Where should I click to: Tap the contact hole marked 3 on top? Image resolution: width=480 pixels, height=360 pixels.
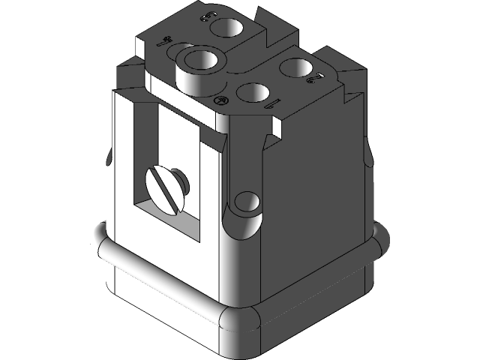click(226, 28)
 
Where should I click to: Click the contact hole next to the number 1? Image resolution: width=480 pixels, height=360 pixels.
click(253, 94)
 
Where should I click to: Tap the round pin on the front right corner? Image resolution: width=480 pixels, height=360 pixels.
click(246, 202)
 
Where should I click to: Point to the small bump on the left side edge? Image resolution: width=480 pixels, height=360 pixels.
click(110, 159)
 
